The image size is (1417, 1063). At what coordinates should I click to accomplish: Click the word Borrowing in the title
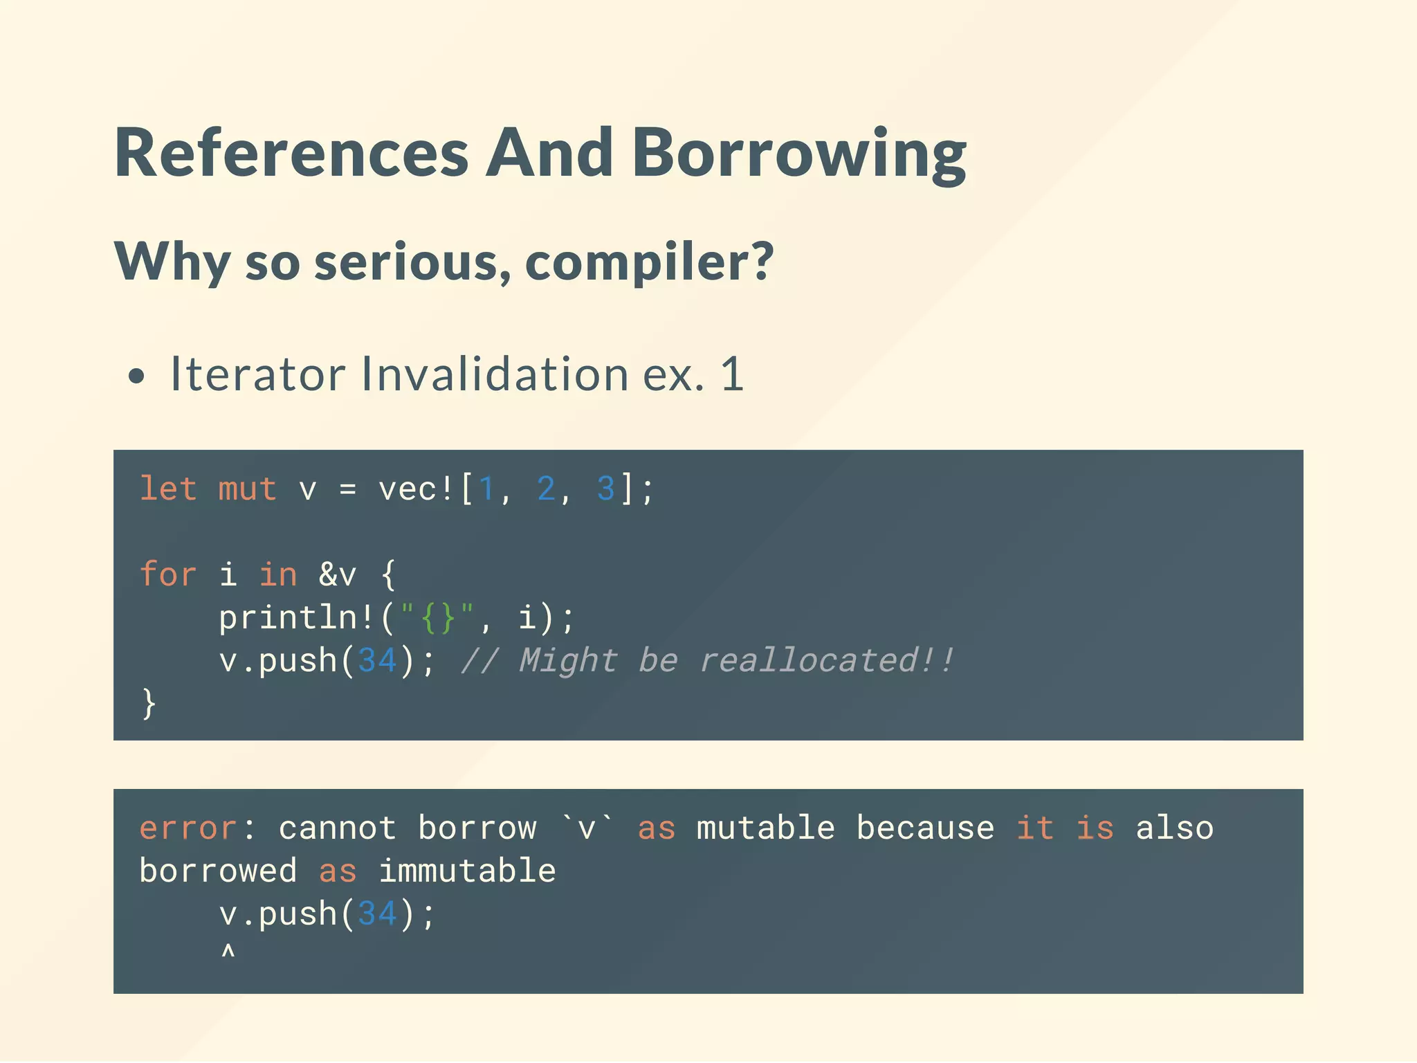[x=799, y=154]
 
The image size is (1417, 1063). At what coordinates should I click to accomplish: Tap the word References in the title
[x=291, y=154]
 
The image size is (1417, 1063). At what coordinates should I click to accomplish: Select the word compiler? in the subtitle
[x=649, y=262]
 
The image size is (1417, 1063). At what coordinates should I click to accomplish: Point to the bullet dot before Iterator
[x=137, y=376]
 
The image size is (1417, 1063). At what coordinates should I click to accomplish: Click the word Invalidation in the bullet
[x=494, y=374]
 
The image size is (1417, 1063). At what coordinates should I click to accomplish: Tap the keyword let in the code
[x=168, y=489]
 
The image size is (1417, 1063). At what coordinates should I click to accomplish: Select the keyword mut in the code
[x=247, y=489]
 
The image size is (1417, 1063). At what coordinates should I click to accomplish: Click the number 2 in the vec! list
[x=546, y=489]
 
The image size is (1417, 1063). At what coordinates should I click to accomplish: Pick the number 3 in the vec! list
[x=605, y=489]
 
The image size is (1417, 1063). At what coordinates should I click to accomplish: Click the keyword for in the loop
[x=168, y=574]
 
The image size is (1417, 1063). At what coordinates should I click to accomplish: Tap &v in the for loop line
[x=338, y=574]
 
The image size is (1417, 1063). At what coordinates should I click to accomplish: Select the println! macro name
[x=297, y=617]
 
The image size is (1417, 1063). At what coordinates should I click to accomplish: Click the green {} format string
[x=437, y=617]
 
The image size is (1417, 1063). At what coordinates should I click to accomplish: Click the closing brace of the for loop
[x=149, y=703]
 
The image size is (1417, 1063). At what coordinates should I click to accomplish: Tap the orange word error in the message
[x=188, y=828]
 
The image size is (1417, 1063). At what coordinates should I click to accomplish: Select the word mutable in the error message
[x=765, y=828]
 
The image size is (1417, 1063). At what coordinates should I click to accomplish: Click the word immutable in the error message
[x=467, y=871]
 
